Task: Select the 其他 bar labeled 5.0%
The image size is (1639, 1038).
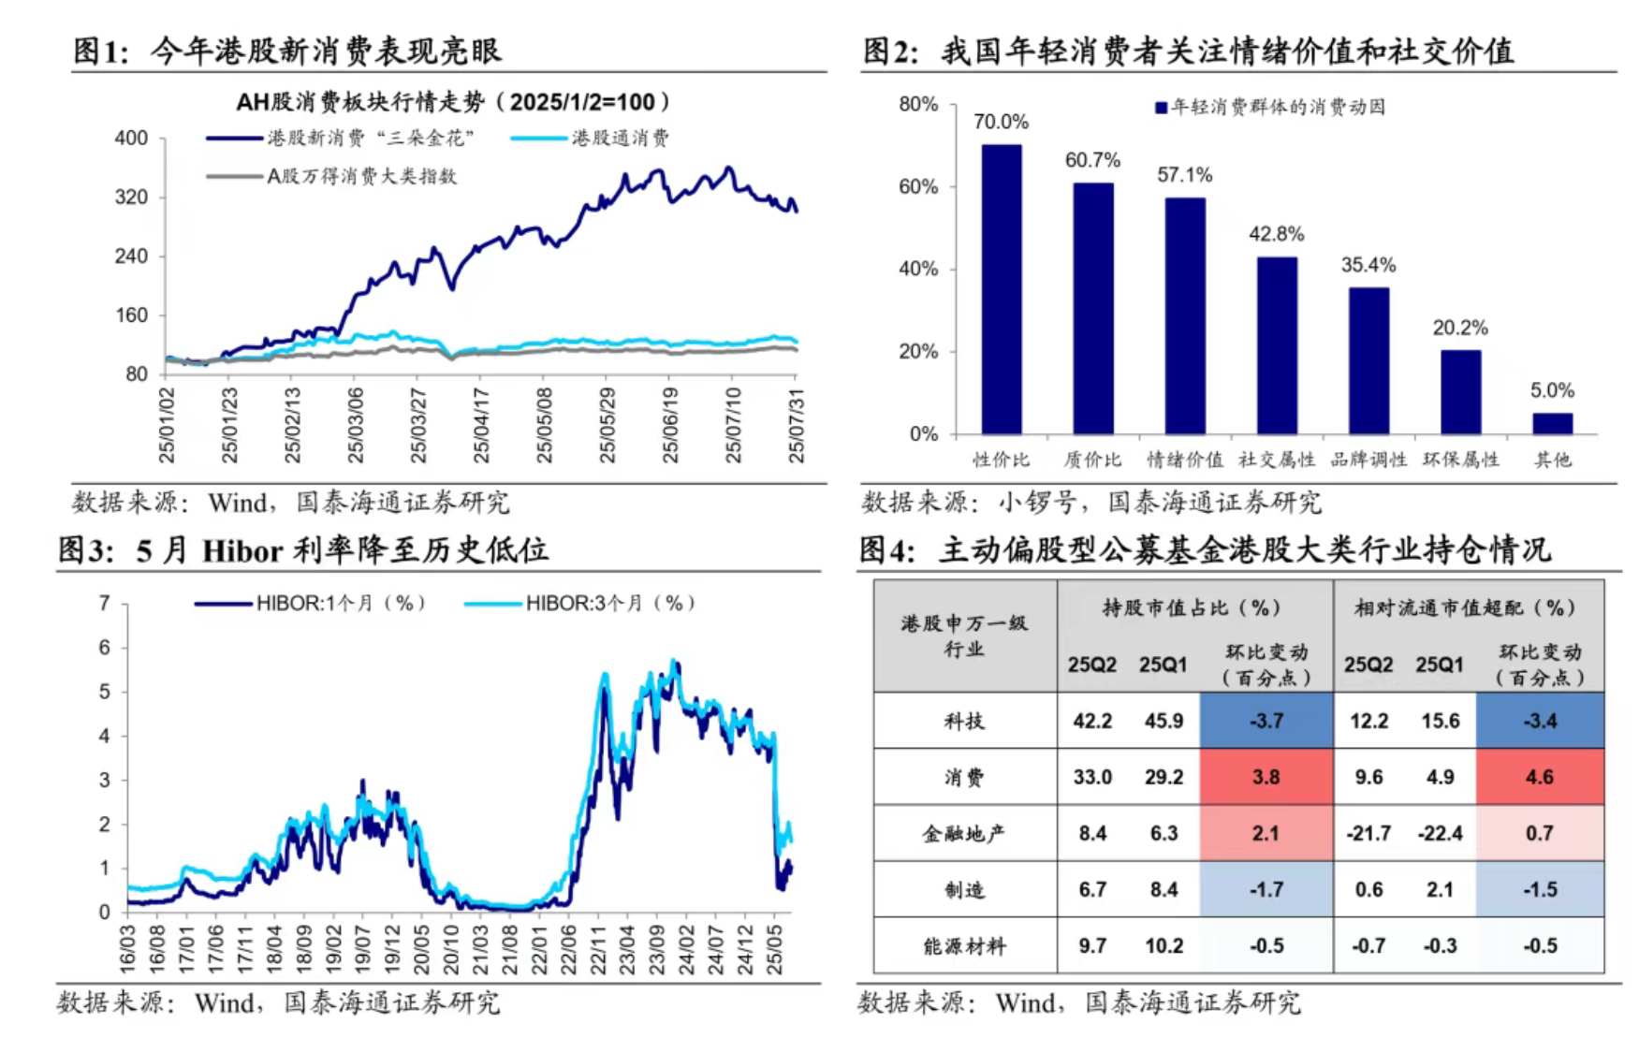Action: coord(1552,423)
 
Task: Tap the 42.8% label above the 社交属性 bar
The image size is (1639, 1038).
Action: coord(1276,234)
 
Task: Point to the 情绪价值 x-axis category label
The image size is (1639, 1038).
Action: coord(1184,460)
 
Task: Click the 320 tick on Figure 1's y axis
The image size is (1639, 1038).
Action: coord(131,197)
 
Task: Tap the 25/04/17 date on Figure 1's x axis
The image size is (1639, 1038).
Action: coord(481,425)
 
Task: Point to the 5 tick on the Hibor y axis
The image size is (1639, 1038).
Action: coord(105,692)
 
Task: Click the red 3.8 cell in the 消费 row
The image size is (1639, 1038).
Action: coord(1266,777)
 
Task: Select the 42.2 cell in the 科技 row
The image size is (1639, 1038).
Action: coord(1092,721)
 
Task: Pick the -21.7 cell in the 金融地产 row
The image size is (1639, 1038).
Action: coord(1368,833)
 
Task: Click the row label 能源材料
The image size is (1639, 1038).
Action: coord(964,946)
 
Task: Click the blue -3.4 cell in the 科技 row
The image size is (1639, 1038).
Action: coord(1540,721)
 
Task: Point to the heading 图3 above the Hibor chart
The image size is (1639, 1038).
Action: coord(86,549)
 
